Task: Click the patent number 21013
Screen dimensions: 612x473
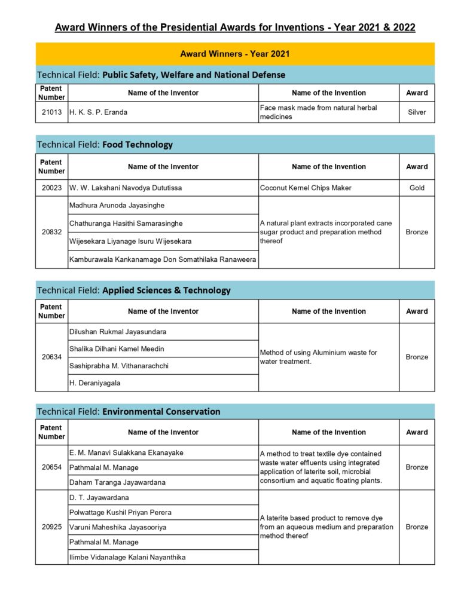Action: (x=51, y=112)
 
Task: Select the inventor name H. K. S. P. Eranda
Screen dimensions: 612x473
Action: (x=98, y=112)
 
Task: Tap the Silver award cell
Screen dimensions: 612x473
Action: (x=417, y=112)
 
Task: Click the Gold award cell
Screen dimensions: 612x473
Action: (x=417, y=188)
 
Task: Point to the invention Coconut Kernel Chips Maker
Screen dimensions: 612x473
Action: (x=306, y=188)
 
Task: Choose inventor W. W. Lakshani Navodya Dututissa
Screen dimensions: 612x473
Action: (x=126, y=188)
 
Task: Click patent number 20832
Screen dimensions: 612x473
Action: (x=51, y=232)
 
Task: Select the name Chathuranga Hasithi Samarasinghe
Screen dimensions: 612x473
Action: (x=126, y=224)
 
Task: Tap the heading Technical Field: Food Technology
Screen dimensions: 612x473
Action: (x=105, y=145)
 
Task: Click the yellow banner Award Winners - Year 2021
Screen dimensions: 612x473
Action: (x=235, y=54)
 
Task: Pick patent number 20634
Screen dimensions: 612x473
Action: (x=51, y=357)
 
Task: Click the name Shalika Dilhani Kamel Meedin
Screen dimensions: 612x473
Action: (x=117, y=348)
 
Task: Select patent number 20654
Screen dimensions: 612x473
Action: (x=51, y=467)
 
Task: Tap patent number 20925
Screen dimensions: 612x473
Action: (x=51, y=527)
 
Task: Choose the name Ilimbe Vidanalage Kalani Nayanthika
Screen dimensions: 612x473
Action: (x=127, y=557)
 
